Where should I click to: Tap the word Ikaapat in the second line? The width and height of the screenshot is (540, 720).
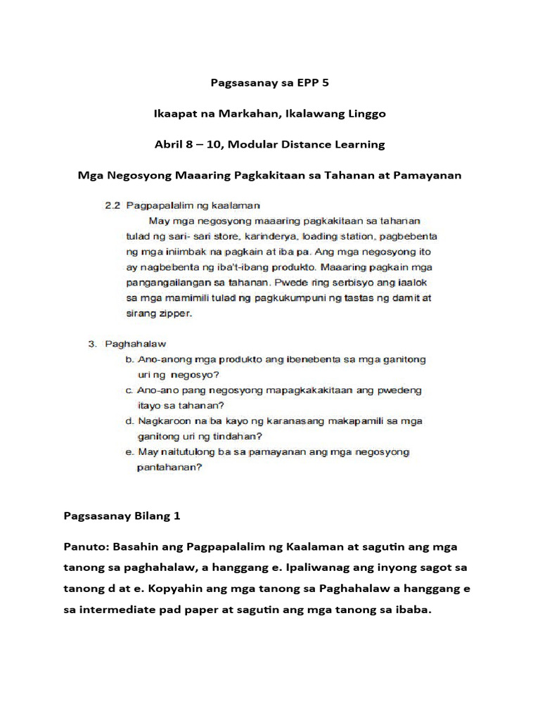point(175,113)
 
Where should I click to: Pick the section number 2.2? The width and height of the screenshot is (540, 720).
point(111,205)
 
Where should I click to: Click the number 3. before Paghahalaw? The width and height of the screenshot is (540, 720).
point(92,344)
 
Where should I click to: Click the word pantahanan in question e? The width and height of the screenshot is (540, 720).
point(169,466)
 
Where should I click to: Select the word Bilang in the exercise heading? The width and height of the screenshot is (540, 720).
point(146,515)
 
